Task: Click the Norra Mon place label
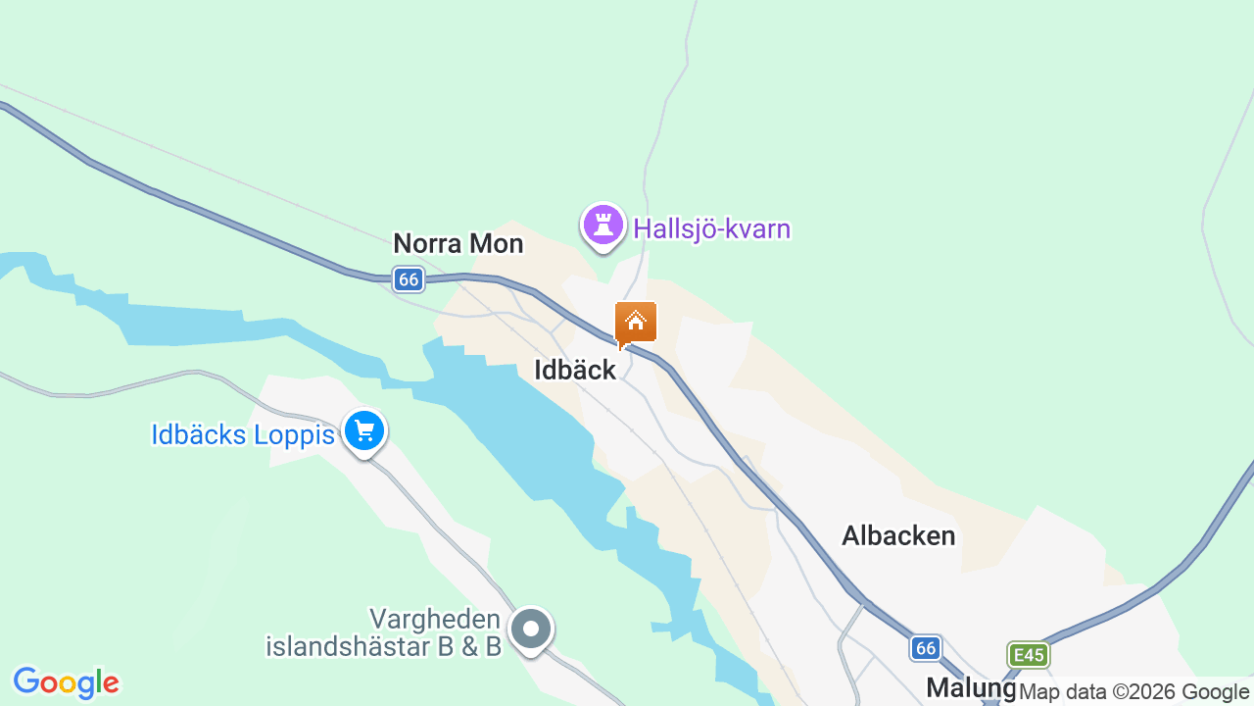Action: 458,243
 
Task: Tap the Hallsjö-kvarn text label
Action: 711,229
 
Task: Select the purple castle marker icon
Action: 603,226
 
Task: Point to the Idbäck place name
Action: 575,370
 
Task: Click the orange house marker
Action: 635,322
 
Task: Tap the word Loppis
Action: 294,434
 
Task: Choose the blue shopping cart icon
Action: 364,431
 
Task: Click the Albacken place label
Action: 898,535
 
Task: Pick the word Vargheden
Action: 435,620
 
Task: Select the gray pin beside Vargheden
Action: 531,629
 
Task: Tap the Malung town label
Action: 970,687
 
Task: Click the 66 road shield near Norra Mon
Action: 409,279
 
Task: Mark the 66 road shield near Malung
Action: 926,647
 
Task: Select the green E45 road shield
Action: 1028,654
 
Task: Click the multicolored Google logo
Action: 66,682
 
